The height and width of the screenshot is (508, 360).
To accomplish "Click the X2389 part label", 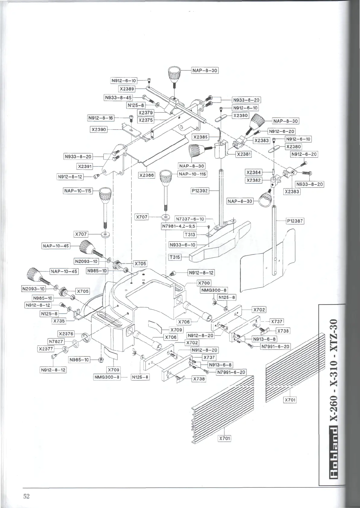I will [x=127, y=89].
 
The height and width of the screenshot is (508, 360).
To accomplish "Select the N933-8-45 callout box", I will [x=118, y=98].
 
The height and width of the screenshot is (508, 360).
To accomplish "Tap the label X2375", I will [x=146, y=120].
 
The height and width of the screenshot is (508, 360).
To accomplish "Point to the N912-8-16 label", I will [x=101, y=118].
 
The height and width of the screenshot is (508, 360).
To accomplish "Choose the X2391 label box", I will [x=85, y=166].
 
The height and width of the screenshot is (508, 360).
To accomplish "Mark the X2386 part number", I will [x=146, y=175].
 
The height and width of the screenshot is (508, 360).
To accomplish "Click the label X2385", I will [x=201, y=137].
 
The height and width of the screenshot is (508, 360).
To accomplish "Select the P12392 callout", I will [x=200, y=191].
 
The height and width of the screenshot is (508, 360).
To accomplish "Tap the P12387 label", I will [x=295, y=221].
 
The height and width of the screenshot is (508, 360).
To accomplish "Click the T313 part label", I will [x=190, y=235].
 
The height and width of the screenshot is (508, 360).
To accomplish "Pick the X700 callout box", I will [x=204, y=283].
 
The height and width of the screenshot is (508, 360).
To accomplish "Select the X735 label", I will [x=59, y=321].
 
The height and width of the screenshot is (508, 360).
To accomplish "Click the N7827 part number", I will [x=56, y=342].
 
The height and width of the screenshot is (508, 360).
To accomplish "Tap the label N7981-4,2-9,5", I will [x=179, y=226].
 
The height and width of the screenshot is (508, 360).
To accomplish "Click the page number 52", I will [x=27, y=497].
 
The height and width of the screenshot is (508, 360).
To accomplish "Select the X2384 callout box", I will [x=253, y=172].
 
